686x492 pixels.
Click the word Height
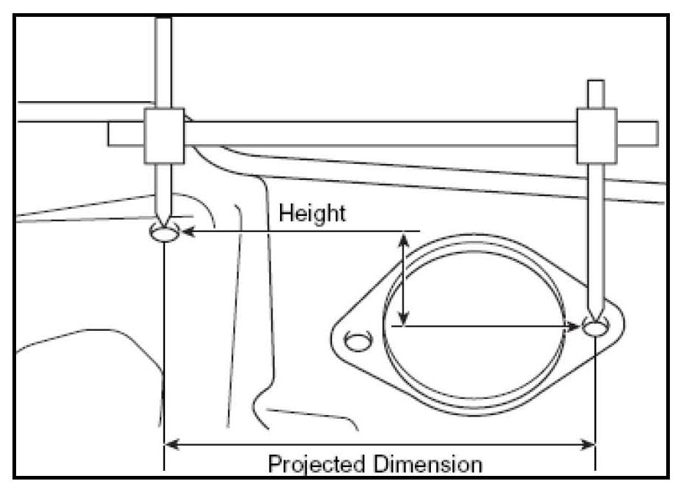click(311, 214)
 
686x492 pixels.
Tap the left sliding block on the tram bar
click(163, 135)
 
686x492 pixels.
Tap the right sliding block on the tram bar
click(596, 135)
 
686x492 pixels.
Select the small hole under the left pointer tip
click(163, 233)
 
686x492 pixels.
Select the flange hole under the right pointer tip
click(596, 327)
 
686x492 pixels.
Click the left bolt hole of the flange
click(357, 341)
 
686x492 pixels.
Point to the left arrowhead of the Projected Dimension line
click(169, 443)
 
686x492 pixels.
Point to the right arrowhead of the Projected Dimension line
click(589, 443)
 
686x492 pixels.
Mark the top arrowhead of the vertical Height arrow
click(404, 237)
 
